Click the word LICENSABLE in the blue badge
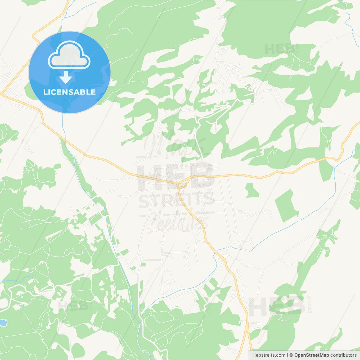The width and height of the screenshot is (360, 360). [x=69, y=92]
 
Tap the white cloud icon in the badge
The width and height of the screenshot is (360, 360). [x=69, y=55]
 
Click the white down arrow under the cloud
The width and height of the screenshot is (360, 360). [x=66, y=77]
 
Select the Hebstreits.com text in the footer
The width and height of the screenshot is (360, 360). [x=269, y=355]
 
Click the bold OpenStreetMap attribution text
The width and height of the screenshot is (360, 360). [x=311, y=355]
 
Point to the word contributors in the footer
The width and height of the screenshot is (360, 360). [x=343, y=355]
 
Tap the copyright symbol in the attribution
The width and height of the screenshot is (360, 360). [x=291, y=355]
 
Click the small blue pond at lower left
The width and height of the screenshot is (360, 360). [x=3, y=323]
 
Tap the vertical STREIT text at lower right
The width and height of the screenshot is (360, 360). [x=310, y=304]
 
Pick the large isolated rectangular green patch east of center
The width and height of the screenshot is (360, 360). [x=286, y=205]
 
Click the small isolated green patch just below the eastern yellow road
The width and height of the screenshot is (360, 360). [x=252, y=190]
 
